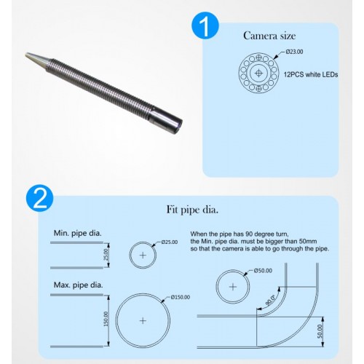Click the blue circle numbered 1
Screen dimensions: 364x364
[205, 25]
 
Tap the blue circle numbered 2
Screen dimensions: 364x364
[40, 198]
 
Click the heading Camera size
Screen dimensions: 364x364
[269, 36]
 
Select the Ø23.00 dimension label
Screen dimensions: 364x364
[294, 52]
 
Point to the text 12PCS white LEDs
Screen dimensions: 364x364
[311, 74]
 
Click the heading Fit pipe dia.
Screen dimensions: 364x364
[192, 210]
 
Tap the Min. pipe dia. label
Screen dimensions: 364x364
[78, 234]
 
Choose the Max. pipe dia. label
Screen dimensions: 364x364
[78, 285]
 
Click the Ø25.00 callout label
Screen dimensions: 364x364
[170, 242]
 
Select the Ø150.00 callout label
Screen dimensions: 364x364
[181, 297]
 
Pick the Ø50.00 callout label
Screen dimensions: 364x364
[263, 271]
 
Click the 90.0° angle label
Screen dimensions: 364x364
[270, 300]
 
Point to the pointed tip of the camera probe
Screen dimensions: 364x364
[26, 55]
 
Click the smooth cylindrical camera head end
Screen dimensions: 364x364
[165, 117]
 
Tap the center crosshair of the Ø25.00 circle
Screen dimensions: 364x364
[143, 255]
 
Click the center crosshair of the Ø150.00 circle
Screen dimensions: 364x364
[143, 321]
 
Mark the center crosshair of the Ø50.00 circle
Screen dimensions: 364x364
[233, 287]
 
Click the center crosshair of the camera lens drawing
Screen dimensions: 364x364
[259, 73]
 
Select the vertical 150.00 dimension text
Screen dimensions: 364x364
[106, 319]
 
